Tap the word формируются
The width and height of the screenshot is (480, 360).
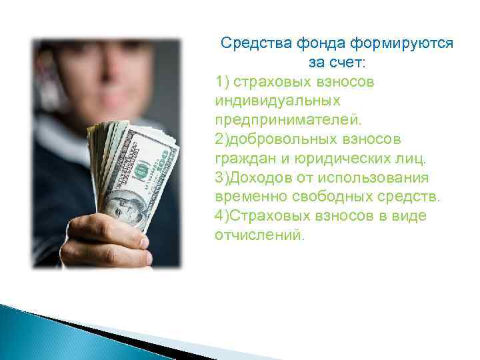pos(404,43)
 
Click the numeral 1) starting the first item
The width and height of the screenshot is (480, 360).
pos(223,82)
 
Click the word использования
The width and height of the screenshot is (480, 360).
pos(377,179)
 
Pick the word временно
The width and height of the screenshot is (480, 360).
pos(247,198)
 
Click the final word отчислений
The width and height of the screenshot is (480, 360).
pos(259,236)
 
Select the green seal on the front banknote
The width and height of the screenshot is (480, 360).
pos(139,172)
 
